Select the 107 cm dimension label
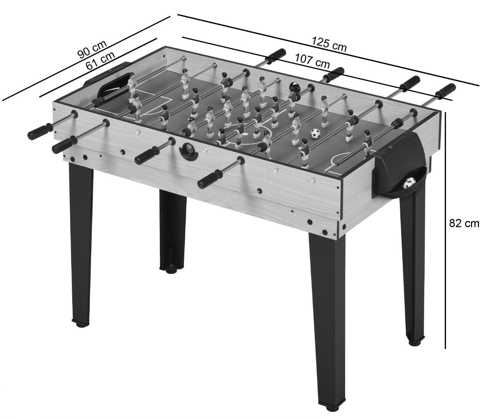312,61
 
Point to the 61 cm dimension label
100,61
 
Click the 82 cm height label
464,223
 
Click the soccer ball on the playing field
315,134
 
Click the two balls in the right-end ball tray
409,190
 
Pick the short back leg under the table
173,231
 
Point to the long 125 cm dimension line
328,50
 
